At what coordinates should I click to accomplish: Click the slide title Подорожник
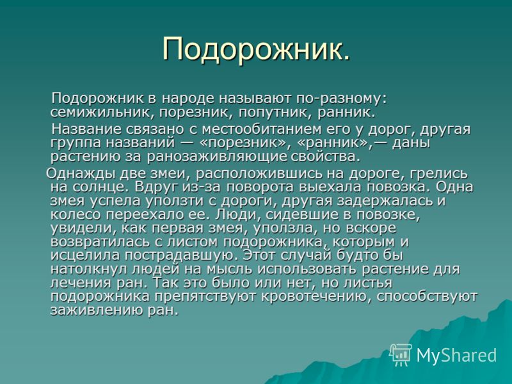coord(256,49)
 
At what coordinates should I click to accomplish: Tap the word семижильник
coord(99,113)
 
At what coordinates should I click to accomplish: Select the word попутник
coord(275,113)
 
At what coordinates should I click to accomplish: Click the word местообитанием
coord(261,129)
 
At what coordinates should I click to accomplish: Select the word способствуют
coord(426,297)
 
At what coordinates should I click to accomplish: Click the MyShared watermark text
coord(456,355)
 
